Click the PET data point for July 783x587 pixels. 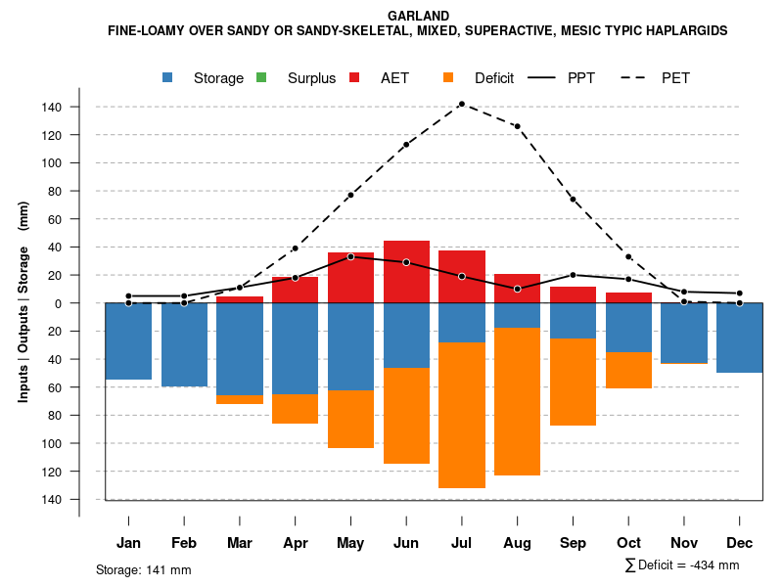coord(461,104)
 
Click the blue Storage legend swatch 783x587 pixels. coord(168,77)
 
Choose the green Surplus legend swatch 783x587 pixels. coord(261,77)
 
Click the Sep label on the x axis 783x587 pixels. coord(573,543)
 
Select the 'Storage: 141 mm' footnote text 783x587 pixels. coord(143,569)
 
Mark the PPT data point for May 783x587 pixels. coord(350,256)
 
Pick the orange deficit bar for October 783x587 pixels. coord(628,370)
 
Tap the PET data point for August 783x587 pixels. coord(517,126)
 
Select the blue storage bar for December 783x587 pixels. coord(739,338)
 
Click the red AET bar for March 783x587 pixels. coord(240,299)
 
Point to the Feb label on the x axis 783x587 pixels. coord(184,543)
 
